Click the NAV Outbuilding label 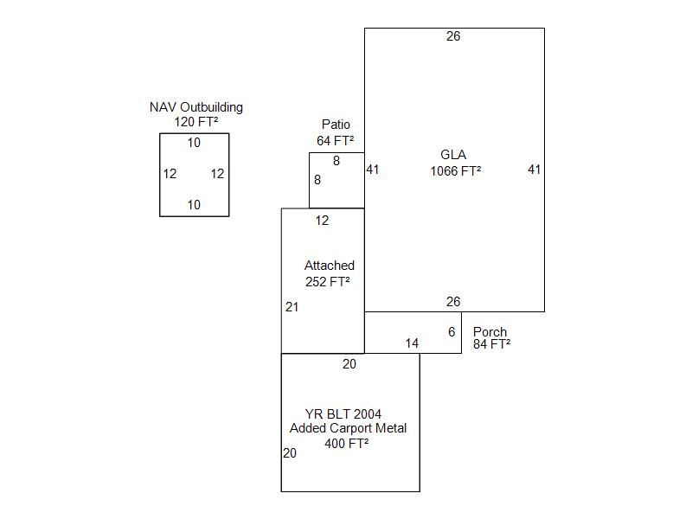click(x=196, y=107)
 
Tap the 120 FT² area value click(x=196, y=122)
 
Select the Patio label click(x=336, y=125)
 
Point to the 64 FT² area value click(x=336, y=140)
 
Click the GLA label click(x=453, y=155)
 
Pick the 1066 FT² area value click(x=456, y=170)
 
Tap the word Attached click(x=330, y=266)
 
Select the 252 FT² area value click(x=329, y=281)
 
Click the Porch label click(x=490, y=332)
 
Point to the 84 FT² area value click(x=491, y=344)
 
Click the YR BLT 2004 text click(x=343, y=413)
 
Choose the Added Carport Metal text click(x=348, y=428)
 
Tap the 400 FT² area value click(x=347, y=444)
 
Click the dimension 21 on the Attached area click(x=292, y=307)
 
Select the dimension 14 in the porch click(x=412, y=343)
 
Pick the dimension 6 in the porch click(x=452, y=332)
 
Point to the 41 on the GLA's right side click(x=535, y=170)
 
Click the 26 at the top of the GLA click(x=453, y=36)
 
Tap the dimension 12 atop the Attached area click(x=322, y=221)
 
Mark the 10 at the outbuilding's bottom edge click(x=194, y=205)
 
